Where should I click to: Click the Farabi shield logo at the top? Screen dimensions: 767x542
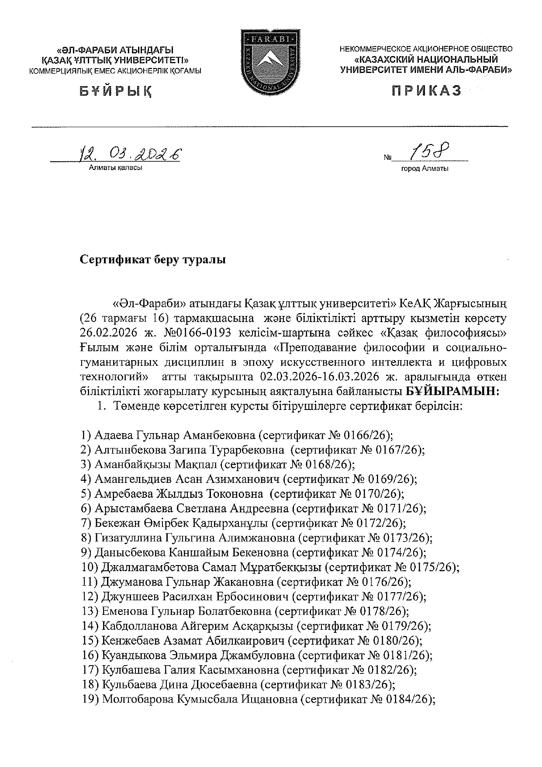(270, 62)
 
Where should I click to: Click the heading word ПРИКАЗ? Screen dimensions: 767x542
(426, 90)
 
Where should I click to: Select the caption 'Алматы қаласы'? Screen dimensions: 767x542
(115, 167)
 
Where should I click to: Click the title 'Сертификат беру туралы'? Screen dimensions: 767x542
(153, 260)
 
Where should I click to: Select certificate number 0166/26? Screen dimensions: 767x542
(366, 435)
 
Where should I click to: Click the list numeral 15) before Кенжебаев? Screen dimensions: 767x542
(90, 641)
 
